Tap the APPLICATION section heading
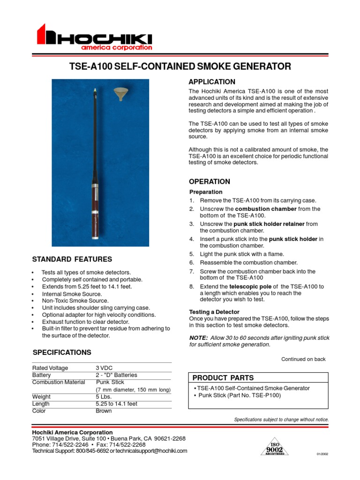pyautogui.click(x=212, y=82)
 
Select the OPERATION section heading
pyautogui.click(x=210, y=181)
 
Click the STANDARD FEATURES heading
pyautogui.click(x=72, y=259)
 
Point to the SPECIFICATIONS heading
pyautogui.click(x=62, y=352)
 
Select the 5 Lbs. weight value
pyautogui.click(x=103, y=397)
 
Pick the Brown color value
pyautogui.click(x=104, y=411)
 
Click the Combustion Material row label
pyautogui.click(x=59, y=382)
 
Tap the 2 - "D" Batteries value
pyautogui.click(x=116, y=375)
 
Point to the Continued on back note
pyautogui.click(x=303, y=359)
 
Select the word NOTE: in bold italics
pyautogui.click(x=198, y=338)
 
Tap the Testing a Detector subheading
pyautogui.click(x=214, y=312)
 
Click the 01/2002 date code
pyautogui.click(x=322, y=454)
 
